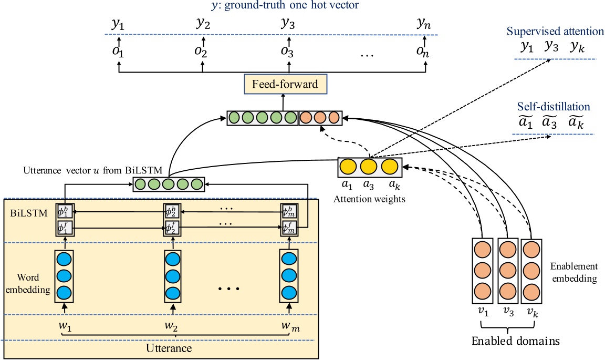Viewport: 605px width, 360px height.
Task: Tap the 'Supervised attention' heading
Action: click(x=555, y=31)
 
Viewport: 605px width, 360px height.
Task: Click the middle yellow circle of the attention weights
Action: click(x=369, y=167)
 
